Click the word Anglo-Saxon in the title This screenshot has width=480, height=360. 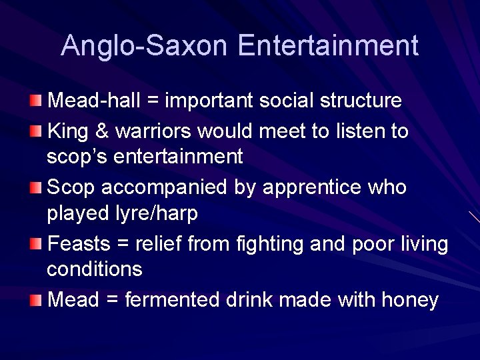[x=145, y=45]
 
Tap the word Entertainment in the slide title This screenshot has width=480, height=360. [x=327, y=45]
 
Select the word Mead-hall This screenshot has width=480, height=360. [x=93, y=101]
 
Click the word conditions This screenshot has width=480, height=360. [x=95, y=269]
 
